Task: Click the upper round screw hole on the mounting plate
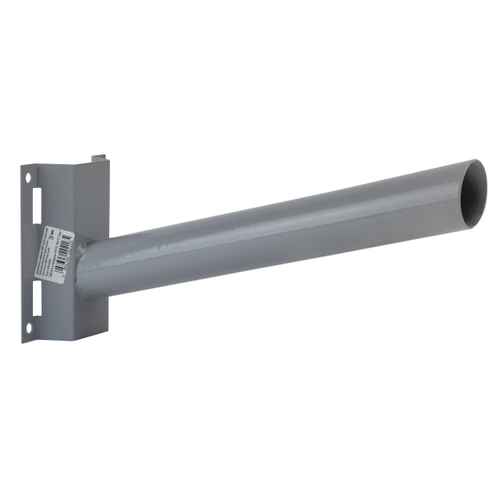pyautogui.click(x=28, y=178)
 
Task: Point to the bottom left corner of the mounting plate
pyautogui.click(x=24, y=340)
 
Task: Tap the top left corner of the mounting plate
pyautogui.click(x=21, y=165)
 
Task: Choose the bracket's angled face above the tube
pyautogui.click(x=93, y=200)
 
